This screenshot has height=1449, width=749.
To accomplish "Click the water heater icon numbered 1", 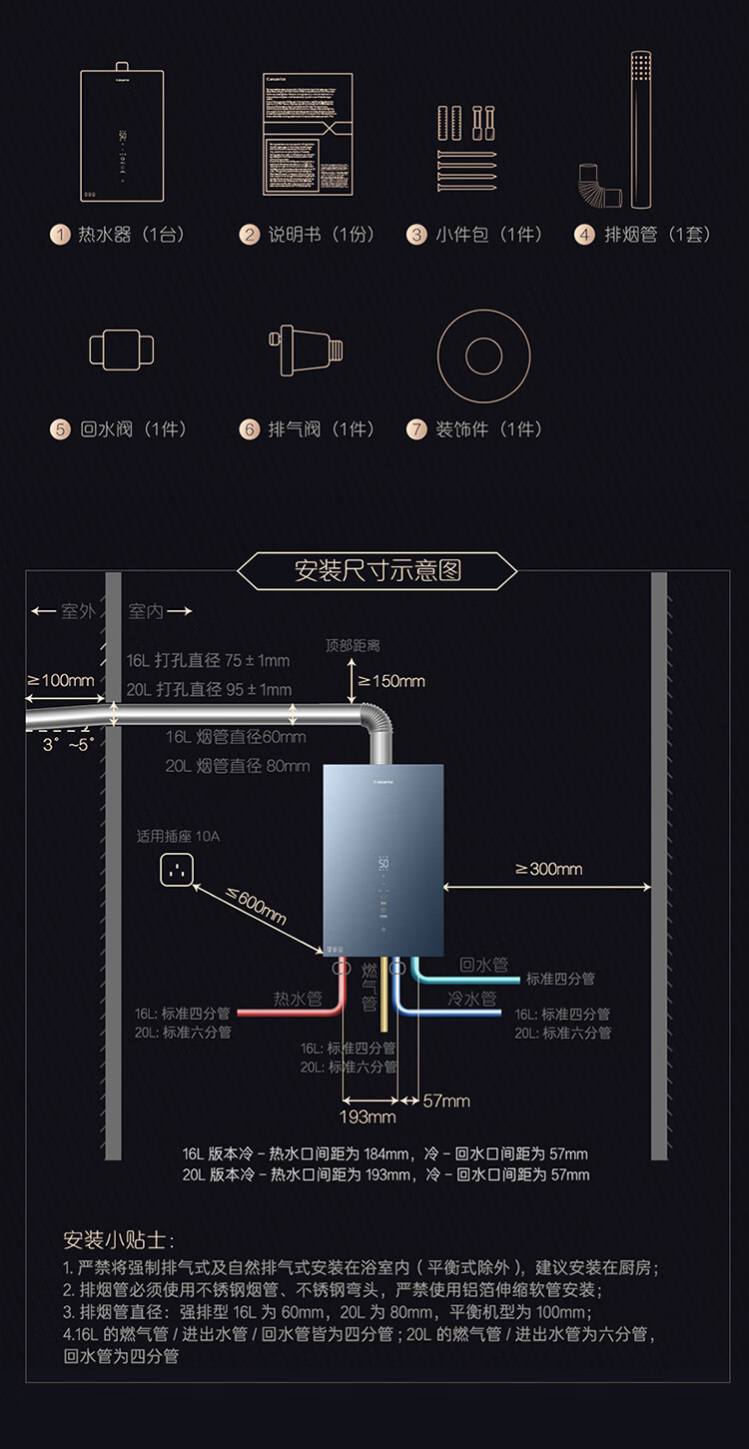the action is click(122, 134).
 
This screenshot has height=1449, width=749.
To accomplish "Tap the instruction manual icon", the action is click(306, 134).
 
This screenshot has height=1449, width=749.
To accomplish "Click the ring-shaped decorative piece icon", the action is click(483, 356).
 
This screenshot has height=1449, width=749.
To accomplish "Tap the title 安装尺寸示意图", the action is click(377, 570).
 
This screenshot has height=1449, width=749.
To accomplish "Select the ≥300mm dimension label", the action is click(548, 869).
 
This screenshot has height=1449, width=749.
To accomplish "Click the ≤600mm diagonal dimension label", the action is click(256, 906).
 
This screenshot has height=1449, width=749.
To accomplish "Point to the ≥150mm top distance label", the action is click(390, 681).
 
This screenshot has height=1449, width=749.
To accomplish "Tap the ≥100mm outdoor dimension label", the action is click(61, 680).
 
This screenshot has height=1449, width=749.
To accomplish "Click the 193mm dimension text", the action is click(368, 1116).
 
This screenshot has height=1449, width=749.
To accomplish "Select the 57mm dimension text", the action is click(446, 1100).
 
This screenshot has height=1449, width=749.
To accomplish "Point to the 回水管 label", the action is click(483, 965).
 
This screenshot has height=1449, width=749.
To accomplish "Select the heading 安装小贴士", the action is click(118, 1241).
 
